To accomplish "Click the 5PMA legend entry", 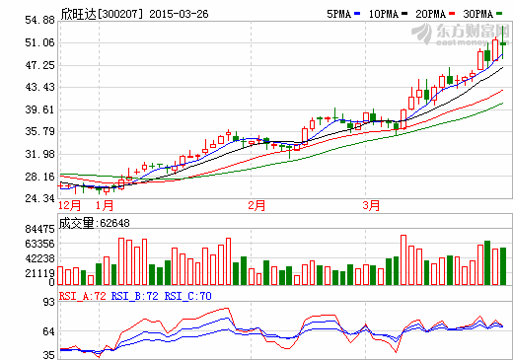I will click(340, 15).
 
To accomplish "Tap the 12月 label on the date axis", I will click(70, 205).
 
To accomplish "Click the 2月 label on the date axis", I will click(257, 205).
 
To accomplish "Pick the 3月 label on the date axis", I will click(371, 205).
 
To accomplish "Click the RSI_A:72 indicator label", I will click(82, 294).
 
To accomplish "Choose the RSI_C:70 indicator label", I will click(187, 294).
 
